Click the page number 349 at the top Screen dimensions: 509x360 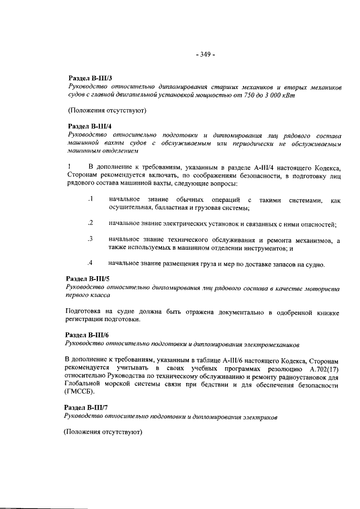click(204, 55)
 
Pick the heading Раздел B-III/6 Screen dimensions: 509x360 click(88, 334)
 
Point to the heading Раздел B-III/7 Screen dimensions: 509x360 click(87, 408)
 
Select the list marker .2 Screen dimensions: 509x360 click(90, 224)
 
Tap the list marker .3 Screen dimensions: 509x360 click(90, 240)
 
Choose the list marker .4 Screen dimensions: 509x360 click(90, 263)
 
